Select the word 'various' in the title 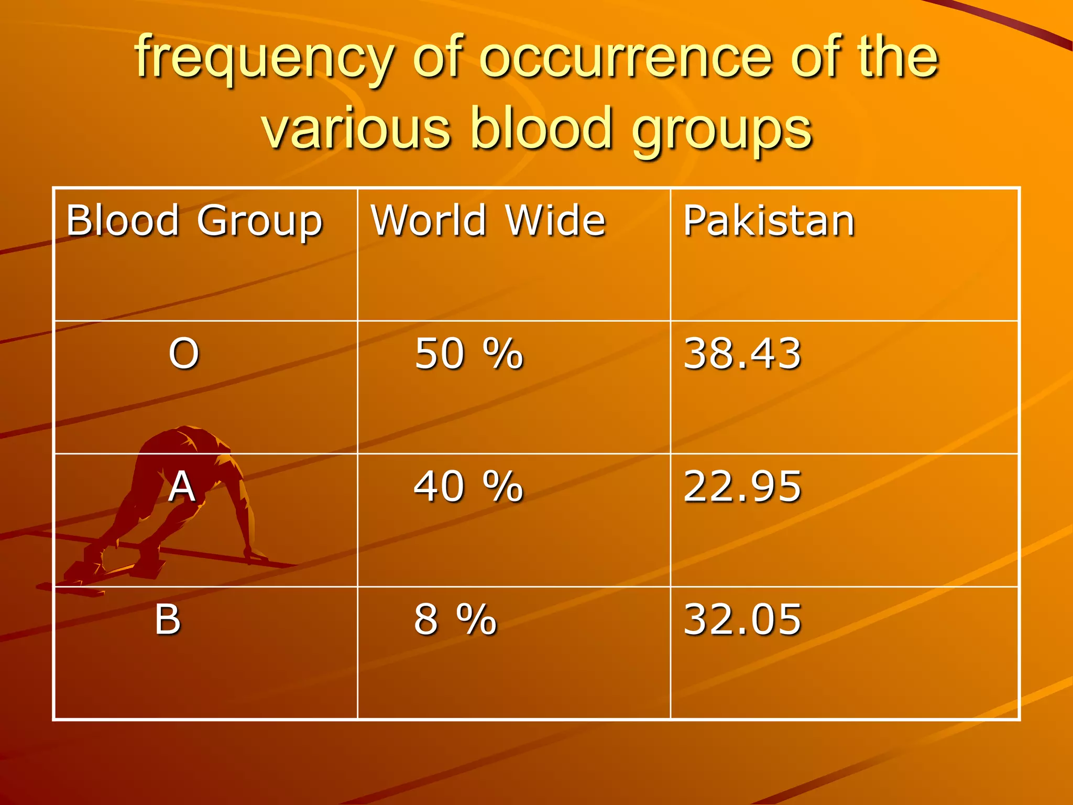[356, 128]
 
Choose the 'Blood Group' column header [194, 221]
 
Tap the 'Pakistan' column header [769, 221]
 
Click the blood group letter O [184, 353]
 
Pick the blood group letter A [182, 486]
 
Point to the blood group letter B [168, 619]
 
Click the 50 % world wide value [468, 354]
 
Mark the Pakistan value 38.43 [742, 354]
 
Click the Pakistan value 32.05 [742, 619]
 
